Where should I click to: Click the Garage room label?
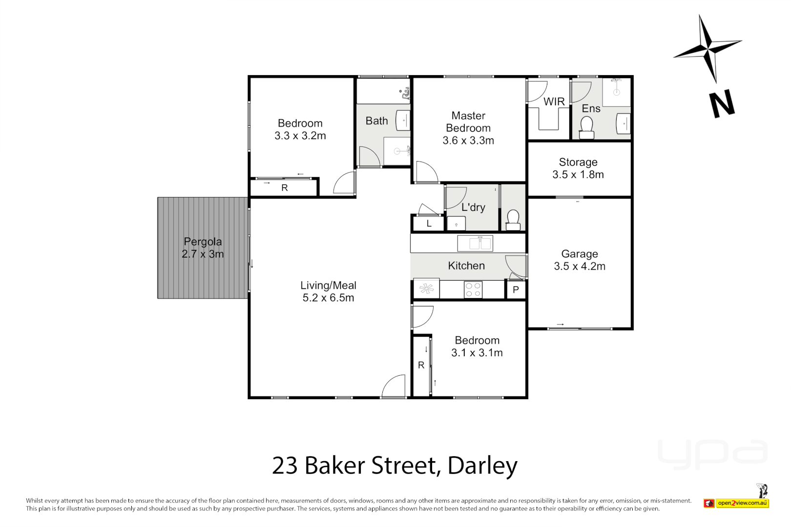(x=580, y=254)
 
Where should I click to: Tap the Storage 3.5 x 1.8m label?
(x=578, y=168)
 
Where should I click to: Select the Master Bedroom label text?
(x=468, y=122)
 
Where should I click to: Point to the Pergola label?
(x=203, y=242)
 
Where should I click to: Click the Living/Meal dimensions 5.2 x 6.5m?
(x=328, y=298)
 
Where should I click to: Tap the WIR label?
(x=554, y=101)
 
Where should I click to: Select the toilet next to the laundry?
(x=513, y=220)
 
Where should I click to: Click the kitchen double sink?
(x=475, y=243)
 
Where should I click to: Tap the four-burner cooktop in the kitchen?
(x=473, y=289)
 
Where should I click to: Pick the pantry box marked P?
(x=516, y=290)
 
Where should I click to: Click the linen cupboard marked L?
(x=429, y=223)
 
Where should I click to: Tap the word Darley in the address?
(x=482, y=466)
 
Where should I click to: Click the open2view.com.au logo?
(x=742, y=503)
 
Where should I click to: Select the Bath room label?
(x=376, y=121)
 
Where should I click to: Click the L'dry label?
(x=473, y=207)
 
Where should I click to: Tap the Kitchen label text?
(x=466, y=265)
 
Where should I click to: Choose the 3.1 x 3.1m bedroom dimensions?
(x=477, y=353)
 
